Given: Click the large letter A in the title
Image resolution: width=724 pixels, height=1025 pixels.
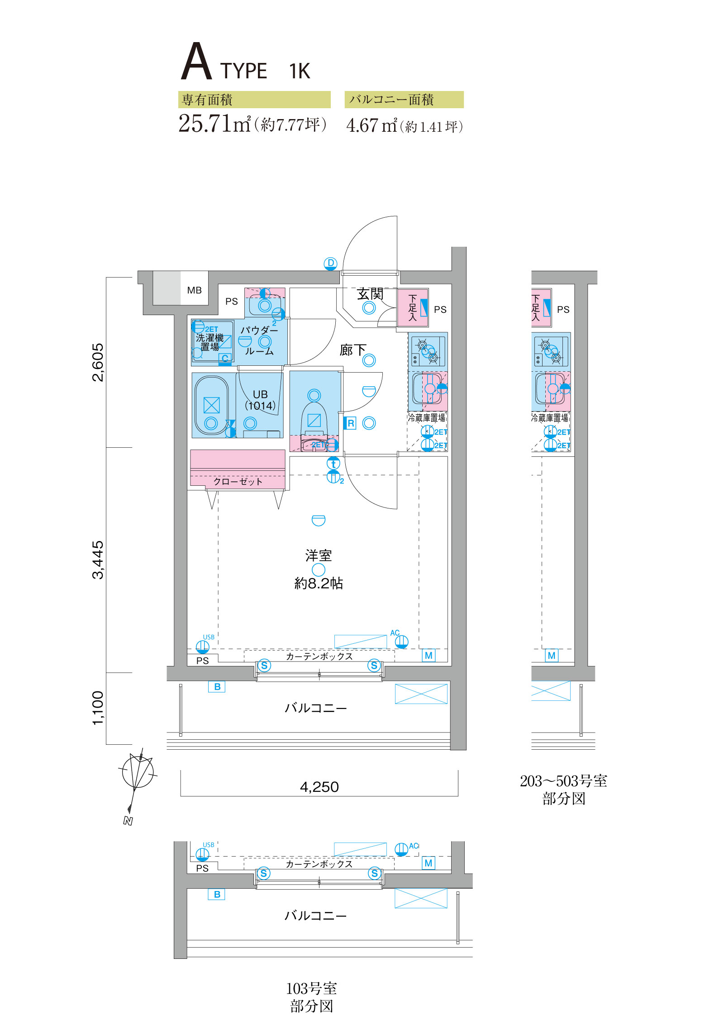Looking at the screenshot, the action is click(x=196, y=62).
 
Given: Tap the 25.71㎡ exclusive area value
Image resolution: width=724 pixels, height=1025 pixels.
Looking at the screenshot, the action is click(x=214, y=124).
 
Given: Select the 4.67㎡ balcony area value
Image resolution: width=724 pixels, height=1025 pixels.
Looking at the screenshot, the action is click(x=372, y=125).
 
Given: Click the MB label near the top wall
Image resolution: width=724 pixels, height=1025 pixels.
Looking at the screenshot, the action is click(x=194, y=290).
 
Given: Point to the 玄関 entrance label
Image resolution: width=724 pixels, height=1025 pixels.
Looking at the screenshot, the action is click(x=370, y=294).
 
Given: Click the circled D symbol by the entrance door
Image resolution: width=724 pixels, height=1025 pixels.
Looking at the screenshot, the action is click(x=331, y=263).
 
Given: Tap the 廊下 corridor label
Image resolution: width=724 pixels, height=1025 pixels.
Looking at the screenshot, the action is click(x=352, y=350).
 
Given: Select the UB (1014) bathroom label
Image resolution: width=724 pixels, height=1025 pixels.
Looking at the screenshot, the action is click(x=260, y=400).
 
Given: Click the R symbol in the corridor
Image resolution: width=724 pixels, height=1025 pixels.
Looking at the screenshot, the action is click(x=350, y=423).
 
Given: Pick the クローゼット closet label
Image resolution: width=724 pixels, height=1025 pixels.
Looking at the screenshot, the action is click(x=238, y=481).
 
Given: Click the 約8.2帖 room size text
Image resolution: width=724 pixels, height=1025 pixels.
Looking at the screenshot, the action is click(x=319, y=583).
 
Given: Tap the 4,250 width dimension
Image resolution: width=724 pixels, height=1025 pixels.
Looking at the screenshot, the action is click(x=319, y=787).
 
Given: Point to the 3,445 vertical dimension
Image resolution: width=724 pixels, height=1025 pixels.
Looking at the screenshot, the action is click(x=98, y=560).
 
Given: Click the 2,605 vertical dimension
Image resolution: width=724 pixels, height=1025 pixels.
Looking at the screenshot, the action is click(x=98, y=362).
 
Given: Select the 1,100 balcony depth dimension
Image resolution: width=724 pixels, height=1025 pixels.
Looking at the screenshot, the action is click(x=98, y=708).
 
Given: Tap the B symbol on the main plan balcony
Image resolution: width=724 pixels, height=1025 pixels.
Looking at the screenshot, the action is click(x=217, y=687).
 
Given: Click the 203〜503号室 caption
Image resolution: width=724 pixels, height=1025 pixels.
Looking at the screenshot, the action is click(x=563, y=781).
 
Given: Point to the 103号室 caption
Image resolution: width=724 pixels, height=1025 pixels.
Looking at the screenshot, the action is click(x=311, y=988).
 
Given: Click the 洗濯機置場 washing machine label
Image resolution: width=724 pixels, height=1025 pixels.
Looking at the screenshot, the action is click(x=210, y=342).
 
